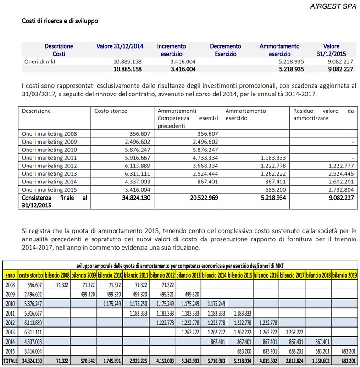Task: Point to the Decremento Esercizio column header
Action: tap(226, 50)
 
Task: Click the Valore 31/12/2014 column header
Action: tap(120, 46)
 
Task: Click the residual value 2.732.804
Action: tap(339, 189)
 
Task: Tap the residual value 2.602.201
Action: tap(339, 181)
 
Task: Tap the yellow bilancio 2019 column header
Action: tap(344, 276)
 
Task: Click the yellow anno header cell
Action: tap(10, 276)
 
